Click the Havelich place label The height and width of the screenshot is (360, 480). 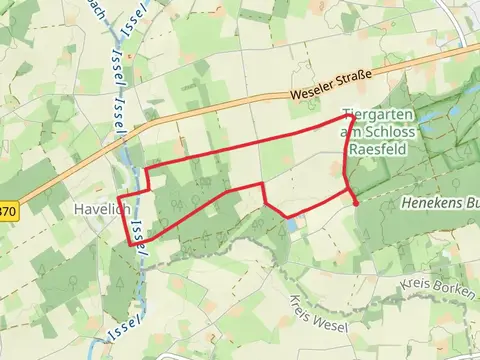coord(97,210)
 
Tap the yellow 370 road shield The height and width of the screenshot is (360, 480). coord(7,211)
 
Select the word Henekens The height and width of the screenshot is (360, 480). coord(433,202)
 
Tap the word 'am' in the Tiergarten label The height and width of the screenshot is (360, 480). coord(349,132)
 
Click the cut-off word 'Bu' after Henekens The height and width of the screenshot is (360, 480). coord(472,202)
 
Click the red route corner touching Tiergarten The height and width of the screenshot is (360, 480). coord(346,116)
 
